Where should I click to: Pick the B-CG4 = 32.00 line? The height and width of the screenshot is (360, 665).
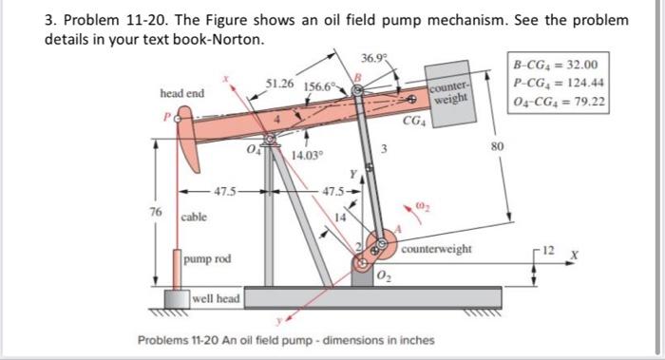(555, 65)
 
